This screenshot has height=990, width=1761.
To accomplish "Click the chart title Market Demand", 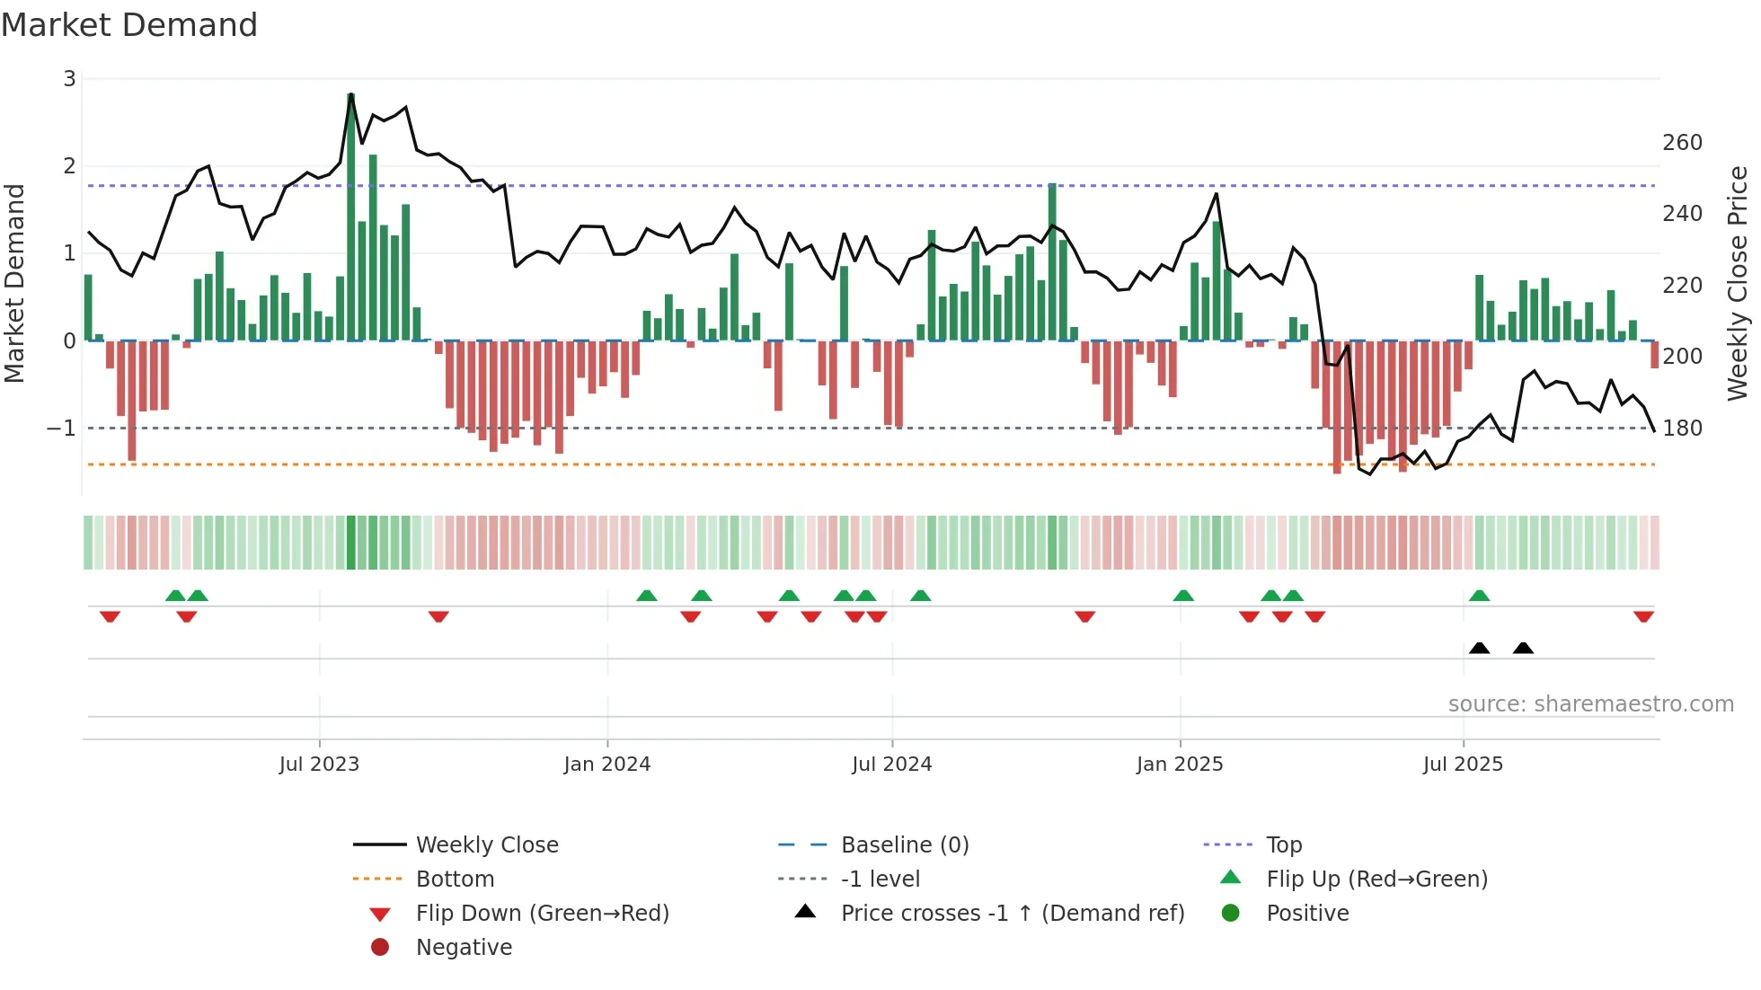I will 129,25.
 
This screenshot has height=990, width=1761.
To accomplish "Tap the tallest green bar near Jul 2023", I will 350,216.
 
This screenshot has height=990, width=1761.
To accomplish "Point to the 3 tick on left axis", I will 69,79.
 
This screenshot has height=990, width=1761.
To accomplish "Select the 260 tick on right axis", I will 1682,143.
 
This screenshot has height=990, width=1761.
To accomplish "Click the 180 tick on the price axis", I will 1682,429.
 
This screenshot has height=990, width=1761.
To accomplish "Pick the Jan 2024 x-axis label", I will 606,765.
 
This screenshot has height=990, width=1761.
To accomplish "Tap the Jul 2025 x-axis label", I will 1462,765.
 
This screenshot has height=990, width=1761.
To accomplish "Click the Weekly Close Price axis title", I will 1738,283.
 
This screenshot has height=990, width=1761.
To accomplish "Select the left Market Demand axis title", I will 14,283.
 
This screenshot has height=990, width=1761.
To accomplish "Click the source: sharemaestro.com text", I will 1590,704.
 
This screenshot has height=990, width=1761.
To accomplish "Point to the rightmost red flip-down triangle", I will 1643,617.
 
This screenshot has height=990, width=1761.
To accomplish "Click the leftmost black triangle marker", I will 1479,648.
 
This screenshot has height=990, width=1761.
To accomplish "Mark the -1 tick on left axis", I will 61,429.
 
